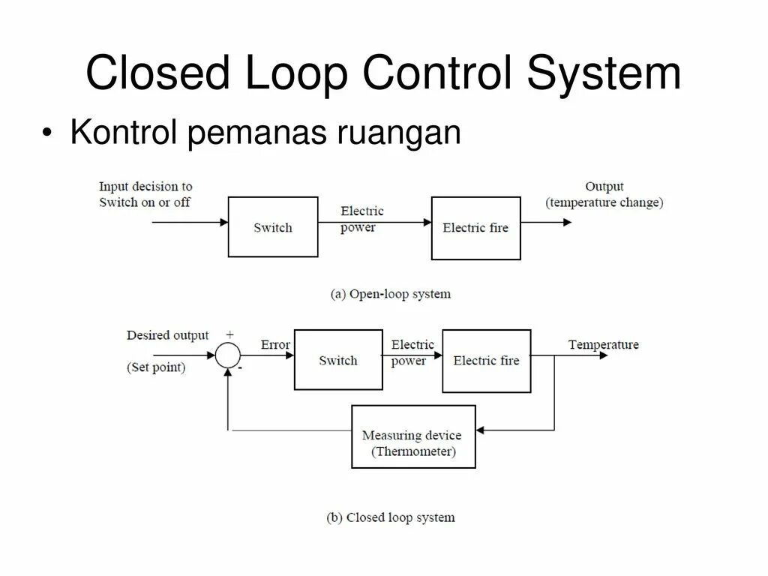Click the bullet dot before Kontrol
[x=48, y=133]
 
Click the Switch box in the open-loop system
[x=272, y=227]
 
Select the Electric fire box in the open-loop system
[x=475, y=228]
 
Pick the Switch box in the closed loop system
[x=338, y=360]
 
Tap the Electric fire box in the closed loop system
[x=486, y=361]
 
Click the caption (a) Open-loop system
[x=391, y=294]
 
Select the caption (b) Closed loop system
[x=391, y=517]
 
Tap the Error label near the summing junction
[x=275, y=345]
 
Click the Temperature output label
[x=603, y=345]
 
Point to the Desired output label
[x=167, y=335]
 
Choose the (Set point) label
[x=156, y=367]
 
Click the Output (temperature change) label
[x=604, y=194]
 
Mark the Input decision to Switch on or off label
[x=145, y=194]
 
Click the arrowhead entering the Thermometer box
[x=481, y=430]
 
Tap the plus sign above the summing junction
[x=229, y=334]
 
